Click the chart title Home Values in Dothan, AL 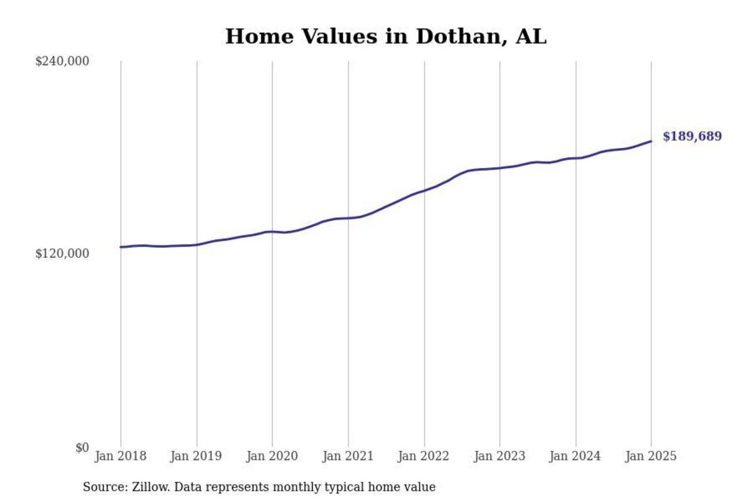tap(385, 36)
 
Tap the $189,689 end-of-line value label tap(692, 136)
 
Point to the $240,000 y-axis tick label tap(62, 61)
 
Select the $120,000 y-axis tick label tap(62, 254)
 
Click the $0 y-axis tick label tap(82, 447)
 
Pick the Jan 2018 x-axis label tap(120, 456)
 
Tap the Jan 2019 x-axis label tap(196, 456)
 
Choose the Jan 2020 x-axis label tap(272, 456)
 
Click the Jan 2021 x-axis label tap(348, 456)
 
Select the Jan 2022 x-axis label tap(424, 456)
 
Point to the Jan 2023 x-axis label tap(499, 456)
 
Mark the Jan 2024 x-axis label tap(575, 456)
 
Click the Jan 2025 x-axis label tap(651, 456)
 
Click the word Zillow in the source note tap(146, 487)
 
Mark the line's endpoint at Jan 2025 tap(651, 141)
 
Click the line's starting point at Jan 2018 tap(121, 247)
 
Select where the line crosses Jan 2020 tap(272, 232)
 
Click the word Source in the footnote tap(102, 487)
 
